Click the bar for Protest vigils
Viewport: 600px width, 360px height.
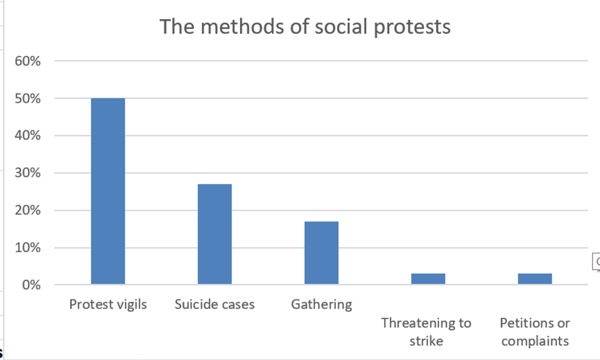(108, 191)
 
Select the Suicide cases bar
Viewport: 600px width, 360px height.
(214, 234)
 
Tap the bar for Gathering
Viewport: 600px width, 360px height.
(321, 253)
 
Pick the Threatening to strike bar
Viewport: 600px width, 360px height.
(428, 278)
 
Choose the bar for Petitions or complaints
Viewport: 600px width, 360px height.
(535, 278)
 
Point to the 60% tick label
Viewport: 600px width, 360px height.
(27, 61)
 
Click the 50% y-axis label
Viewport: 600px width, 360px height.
(27, 98)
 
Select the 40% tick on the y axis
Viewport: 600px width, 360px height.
(27, 135)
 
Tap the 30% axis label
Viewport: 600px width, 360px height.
(27, 173)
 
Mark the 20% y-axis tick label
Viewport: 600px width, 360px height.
(27, 210)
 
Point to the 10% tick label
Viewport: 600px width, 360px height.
(27, 248)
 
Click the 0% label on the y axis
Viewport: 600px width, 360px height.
(31, 285)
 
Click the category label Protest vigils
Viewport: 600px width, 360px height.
(108, 305)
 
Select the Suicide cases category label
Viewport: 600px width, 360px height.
(214, 305)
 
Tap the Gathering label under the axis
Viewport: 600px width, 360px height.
(321, 305)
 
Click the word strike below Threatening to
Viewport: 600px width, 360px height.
(426, 341)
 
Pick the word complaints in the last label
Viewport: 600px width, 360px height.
(535, 341)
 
